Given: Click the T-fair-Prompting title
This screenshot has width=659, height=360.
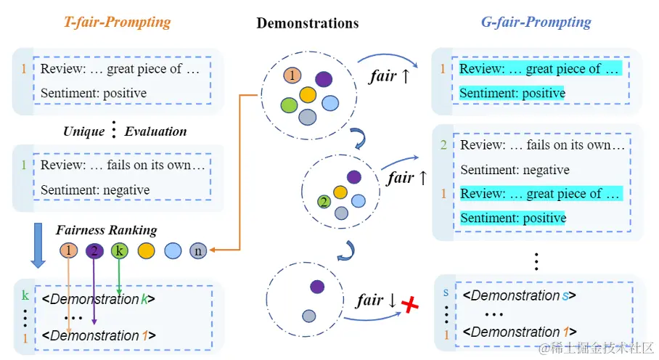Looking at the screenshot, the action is [x=118, y=22].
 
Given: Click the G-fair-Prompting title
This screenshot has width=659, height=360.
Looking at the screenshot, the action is [x=536, y=22].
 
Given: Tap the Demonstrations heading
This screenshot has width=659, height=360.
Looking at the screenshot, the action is [x=308, y=23].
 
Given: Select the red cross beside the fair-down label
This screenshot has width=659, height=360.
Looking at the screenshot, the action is [x=410, y=305].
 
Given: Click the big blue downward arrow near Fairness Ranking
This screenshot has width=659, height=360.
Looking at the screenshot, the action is [x=38, y=245].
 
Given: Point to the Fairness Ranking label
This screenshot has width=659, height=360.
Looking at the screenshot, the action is [x=107, y=230].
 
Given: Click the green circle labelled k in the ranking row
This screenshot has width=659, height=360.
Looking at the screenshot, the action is [x=119, y=251].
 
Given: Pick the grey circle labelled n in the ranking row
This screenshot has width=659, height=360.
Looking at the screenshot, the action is [x=198, y=251].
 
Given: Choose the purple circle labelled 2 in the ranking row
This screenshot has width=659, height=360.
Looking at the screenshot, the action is [x=94, y=251].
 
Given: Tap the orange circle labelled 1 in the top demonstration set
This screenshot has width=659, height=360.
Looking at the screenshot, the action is [x=292, y=75].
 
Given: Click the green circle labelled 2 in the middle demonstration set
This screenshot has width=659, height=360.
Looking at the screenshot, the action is [x=324, y=202].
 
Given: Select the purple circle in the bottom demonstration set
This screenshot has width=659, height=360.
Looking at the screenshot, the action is [x=317, y=287].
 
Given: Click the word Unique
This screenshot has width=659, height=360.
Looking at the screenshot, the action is [x=83, y=131].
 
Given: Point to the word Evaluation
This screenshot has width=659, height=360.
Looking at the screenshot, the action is [x=155, y=131].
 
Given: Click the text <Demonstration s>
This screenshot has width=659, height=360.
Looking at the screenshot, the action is [x=519, y=295].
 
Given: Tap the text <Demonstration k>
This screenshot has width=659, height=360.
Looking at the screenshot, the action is [x=99, y=299].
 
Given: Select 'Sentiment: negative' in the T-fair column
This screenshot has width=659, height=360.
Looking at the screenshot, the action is [x=95, y=190].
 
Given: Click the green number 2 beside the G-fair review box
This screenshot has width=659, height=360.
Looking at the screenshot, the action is [x=443, y=145].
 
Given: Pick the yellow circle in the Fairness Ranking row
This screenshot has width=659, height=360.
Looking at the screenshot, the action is [x=147, y=251].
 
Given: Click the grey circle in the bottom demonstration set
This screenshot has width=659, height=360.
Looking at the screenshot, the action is [x=309, y=316].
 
